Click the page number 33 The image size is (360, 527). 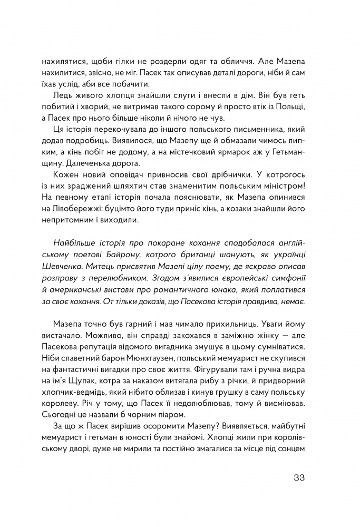[299, 479]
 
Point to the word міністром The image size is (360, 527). [282, 189]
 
